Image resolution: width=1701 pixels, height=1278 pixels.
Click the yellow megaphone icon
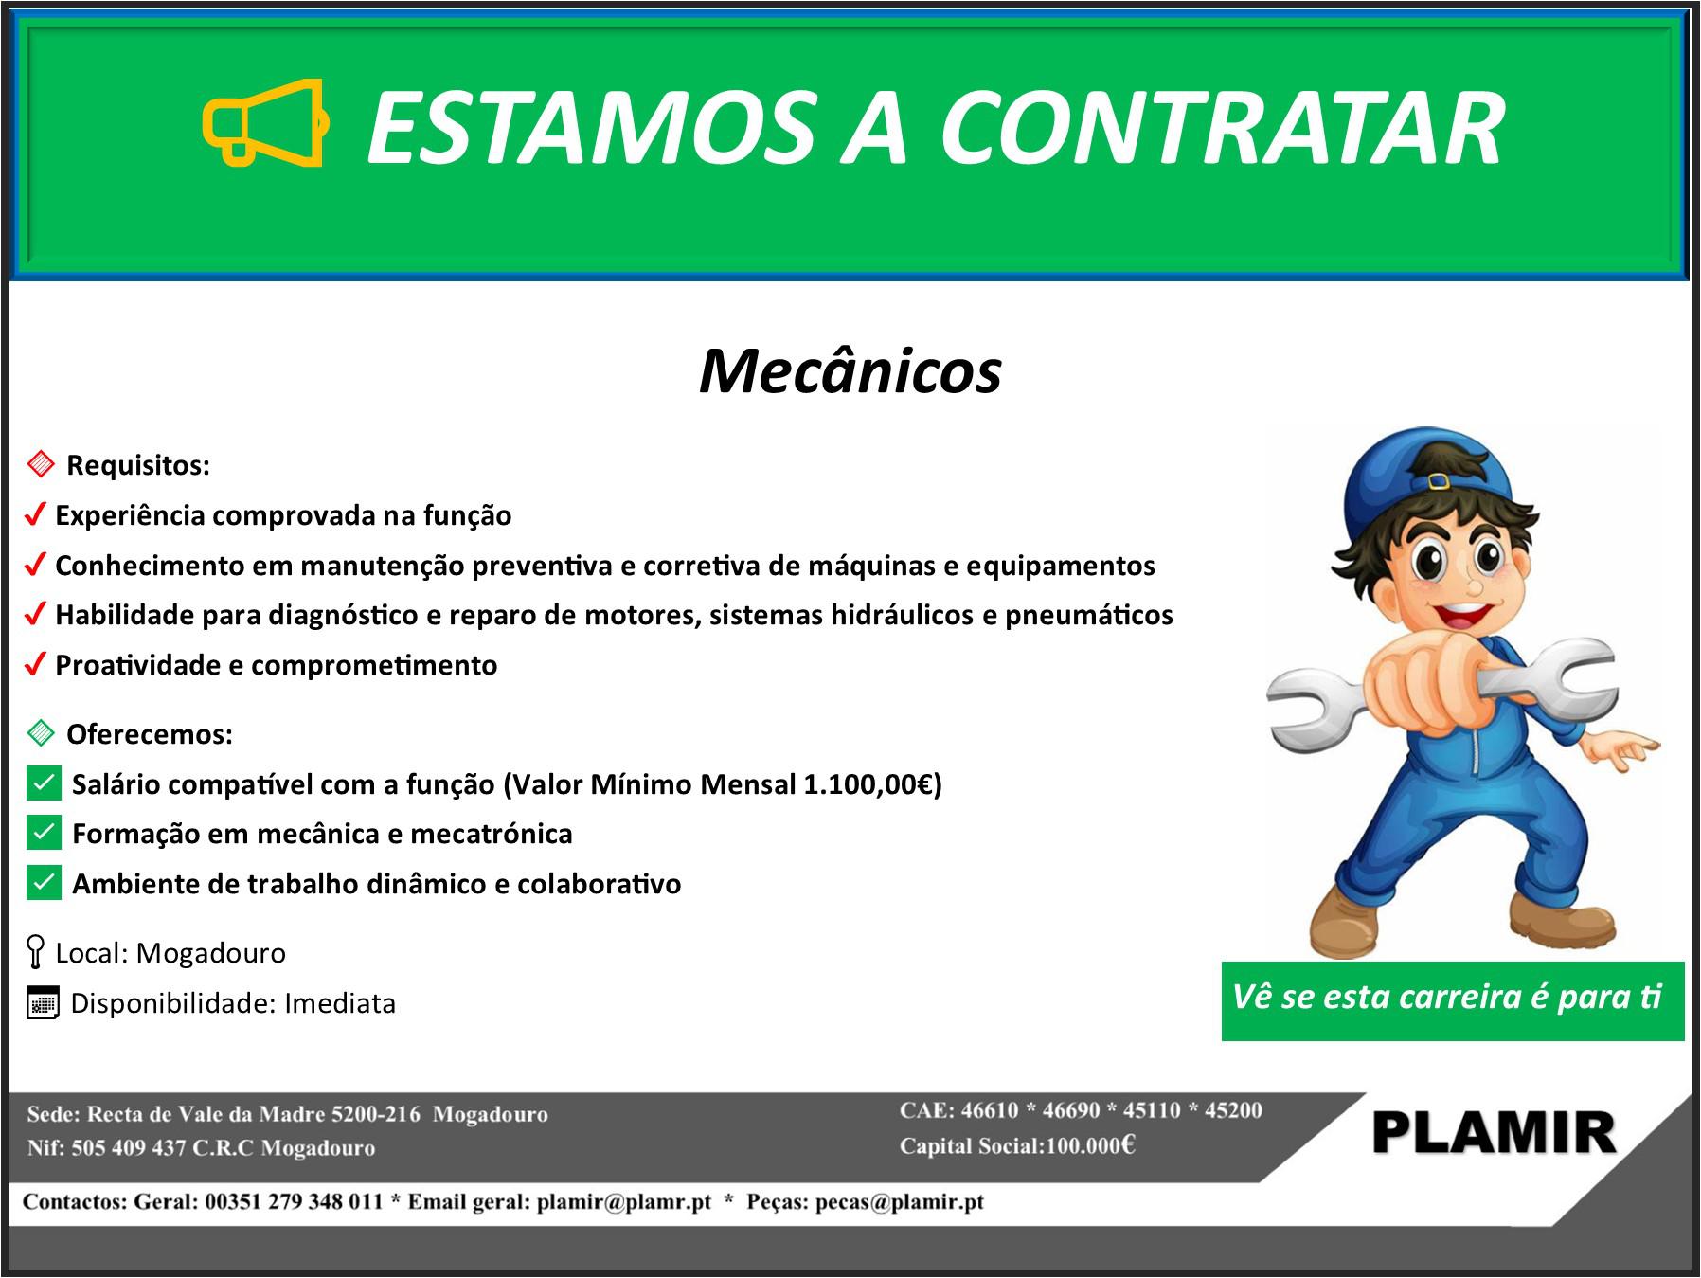pos(266,123)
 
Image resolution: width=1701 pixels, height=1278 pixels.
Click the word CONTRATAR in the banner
pos(1221,128)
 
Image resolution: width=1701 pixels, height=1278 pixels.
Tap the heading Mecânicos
pos(850,370)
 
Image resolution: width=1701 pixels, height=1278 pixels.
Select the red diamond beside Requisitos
pos(41,464)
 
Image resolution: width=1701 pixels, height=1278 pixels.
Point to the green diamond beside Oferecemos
pos(41,733)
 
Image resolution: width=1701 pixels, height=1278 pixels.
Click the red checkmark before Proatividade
pos(35,665)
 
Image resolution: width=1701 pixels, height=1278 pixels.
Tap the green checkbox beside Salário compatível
pos(44,783)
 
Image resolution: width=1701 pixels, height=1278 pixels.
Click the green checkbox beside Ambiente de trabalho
pos(44,883)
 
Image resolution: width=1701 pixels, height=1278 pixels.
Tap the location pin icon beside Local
pos(35,952)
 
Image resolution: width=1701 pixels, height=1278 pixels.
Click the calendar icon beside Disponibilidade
pos(43,1003)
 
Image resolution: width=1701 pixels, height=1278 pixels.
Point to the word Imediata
pos(340,1003)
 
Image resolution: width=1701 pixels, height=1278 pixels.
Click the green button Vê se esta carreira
pos(1453,1001)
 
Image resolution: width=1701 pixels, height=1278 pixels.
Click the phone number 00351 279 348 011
pos(294,1202)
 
